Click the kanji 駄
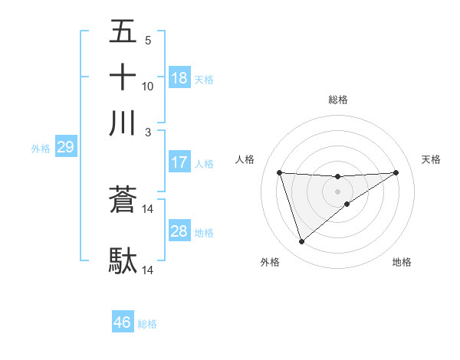click(x=123, y=260)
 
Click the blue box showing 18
click(x=179, y=78)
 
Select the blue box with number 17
click(x=179, y=162)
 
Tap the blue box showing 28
click(x=179, y=231)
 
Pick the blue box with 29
click(x=65, y=147)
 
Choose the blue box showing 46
click(x=123, y=322)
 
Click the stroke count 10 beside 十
click(x=148, y=86)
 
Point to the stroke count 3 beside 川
click(x=148, y=132)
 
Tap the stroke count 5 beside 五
click(x=148, y=41)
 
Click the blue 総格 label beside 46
click(x=147, y=324)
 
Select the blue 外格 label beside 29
click(x=40, y=149)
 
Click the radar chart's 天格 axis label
click(x=431, y=159)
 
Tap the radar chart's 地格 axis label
click(x=402, y=262)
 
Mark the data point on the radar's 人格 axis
click(x=279, y=172)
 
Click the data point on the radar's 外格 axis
click(x=301, y=242)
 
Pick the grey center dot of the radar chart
click(x=337, y=191)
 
